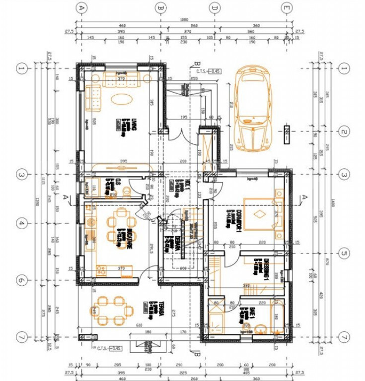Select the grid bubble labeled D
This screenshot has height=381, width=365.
[x=215, y=8]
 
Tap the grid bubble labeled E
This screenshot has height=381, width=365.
[x=287, y=8]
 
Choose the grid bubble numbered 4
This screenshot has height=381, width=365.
[x=20, y=224]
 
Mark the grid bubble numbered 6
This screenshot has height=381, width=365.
[x=20, y=280]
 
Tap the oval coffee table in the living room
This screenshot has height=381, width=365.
[x=121, y=98]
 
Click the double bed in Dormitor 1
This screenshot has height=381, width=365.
[x=259, y=214]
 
